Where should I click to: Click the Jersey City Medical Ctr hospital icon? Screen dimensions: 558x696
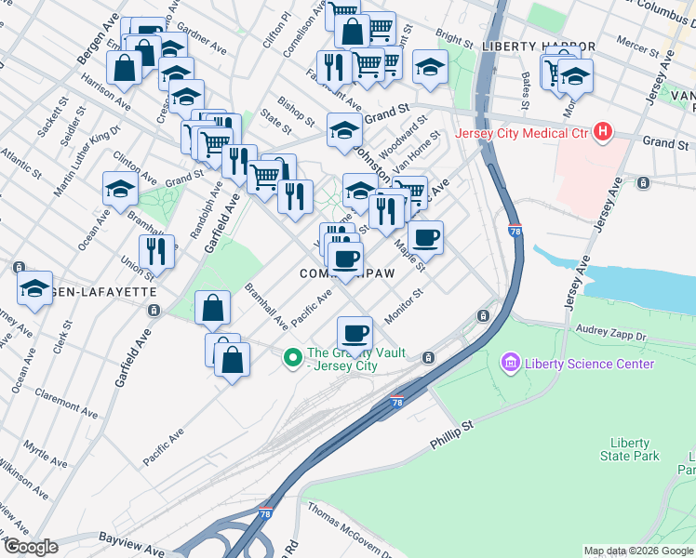[x=603, y=132]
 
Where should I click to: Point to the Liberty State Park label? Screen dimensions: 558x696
[x=636, y=449]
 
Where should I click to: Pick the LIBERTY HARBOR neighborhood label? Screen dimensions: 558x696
[x=539, y=46]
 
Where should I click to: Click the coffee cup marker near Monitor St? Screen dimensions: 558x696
[x=355, y=332]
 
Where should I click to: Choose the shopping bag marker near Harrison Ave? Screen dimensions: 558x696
[x=124, y=67]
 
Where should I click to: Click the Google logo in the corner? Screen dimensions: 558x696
[x=31, y=547]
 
